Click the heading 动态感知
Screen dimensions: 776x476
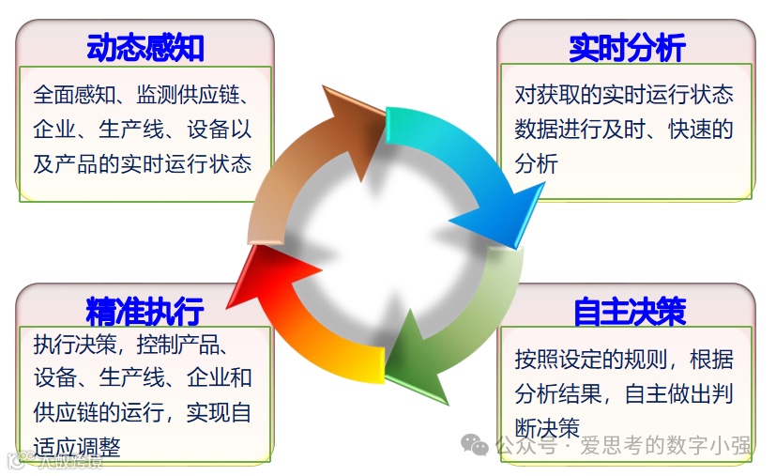145,47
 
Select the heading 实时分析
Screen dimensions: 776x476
627,47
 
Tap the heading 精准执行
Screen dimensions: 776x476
145,311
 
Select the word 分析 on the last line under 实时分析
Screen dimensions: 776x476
537,163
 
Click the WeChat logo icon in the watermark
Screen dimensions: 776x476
479,445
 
